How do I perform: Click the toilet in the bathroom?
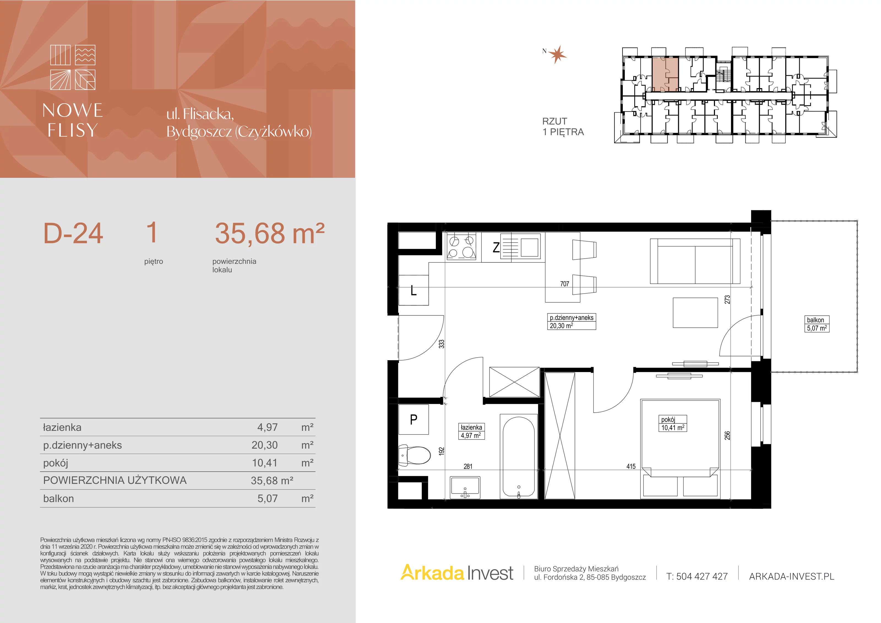coord(414,456)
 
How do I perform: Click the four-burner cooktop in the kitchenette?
coord(461,247)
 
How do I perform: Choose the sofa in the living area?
coord(695,261)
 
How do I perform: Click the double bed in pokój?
coord(680,449)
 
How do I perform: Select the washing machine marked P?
coord(413,419)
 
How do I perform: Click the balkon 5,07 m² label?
coord(817,324)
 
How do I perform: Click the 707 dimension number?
coord(564,284)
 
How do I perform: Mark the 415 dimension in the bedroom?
coord(631,466)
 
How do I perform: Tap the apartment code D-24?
coord(73,233)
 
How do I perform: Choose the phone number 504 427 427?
coord(702,576)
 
